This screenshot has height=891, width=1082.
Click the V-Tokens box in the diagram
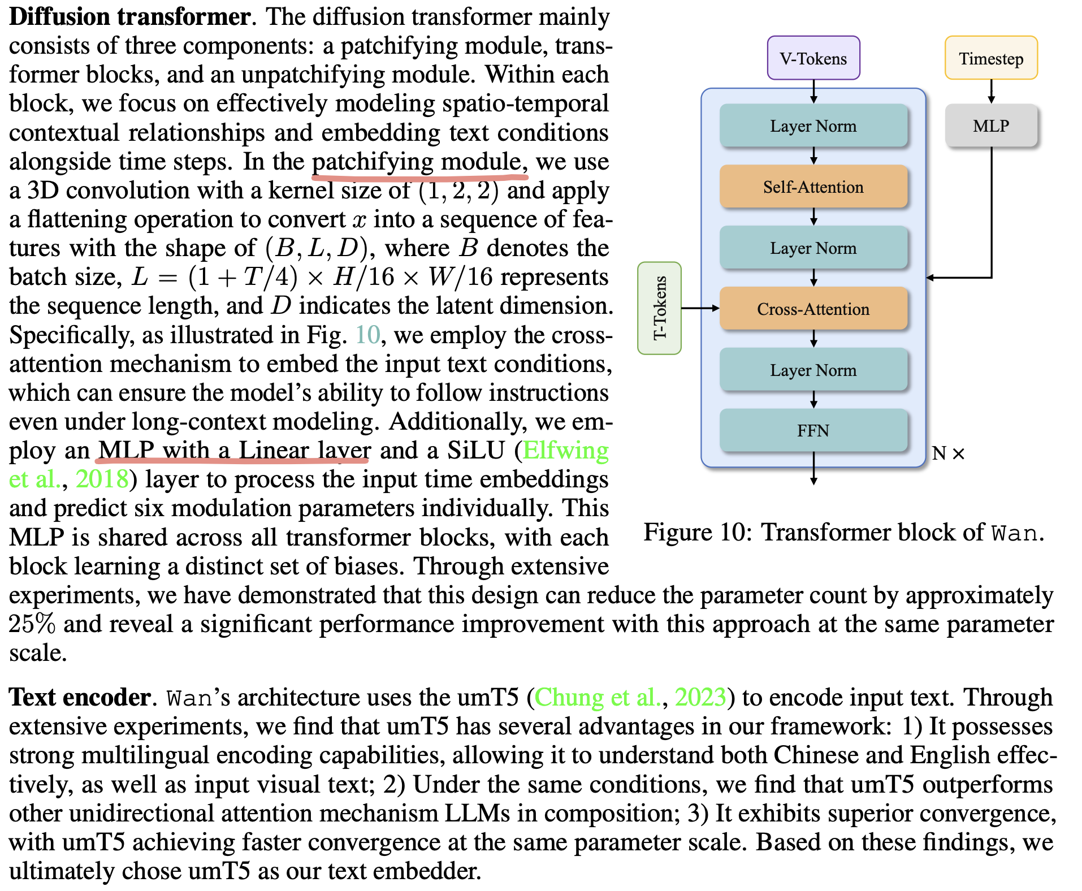813,58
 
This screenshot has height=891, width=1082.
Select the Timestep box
990,58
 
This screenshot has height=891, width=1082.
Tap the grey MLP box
990,126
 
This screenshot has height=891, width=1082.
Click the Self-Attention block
813,187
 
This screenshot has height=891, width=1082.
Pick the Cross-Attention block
813,309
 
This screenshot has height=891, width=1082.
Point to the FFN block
813,431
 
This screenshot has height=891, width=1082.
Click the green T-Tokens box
659,308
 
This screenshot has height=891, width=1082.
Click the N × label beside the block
948,453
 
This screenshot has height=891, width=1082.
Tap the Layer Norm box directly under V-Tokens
813,126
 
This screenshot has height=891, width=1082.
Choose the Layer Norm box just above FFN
813,370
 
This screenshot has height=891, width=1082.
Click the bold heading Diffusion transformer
130,17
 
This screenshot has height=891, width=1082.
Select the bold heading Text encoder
80,697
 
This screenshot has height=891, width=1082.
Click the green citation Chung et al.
598,697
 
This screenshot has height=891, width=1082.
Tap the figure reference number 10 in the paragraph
367,335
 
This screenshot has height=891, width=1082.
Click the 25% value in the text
32,624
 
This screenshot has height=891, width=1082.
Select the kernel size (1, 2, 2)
458,191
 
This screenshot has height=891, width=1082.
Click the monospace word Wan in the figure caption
1015,533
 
